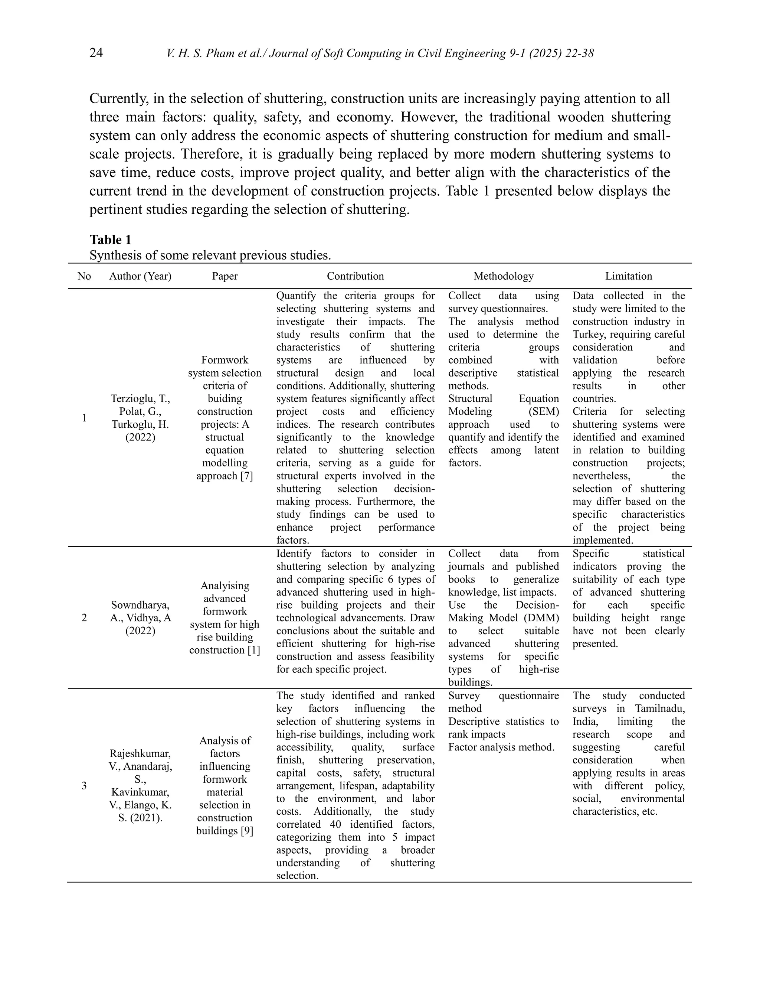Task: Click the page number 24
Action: point(96,53)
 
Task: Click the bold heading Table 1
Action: point(110,240)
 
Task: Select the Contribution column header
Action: point(355,276)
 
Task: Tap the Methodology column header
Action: point(503,276)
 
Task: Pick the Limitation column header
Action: point(629,276)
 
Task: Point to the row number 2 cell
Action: point(84,618)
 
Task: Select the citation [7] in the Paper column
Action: point(246,476)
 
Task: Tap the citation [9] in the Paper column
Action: point(247,831)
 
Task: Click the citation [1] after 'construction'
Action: point(253,650)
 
